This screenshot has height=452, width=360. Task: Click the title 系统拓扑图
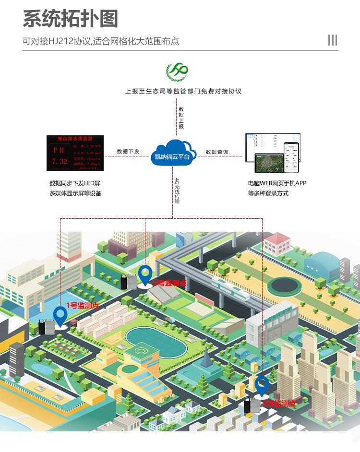point(70,19)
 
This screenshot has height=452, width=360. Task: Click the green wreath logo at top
point(177,72)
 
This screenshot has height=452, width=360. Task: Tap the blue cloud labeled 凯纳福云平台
point(173,153)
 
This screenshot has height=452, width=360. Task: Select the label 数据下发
point(128,152)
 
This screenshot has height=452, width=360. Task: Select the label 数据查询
point(217,152)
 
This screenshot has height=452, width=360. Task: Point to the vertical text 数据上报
point(181,118)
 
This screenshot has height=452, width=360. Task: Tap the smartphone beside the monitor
point(290,157)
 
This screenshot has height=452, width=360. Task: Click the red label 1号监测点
point(82,305)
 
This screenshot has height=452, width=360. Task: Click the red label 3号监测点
point(279,404)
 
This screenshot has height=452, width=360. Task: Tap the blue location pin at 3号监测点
point(262,386)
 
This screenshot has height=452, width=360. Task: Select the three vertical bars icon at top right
point(332,40)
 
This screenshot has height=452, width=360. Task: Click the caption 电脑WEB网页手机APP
point(277,183)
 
